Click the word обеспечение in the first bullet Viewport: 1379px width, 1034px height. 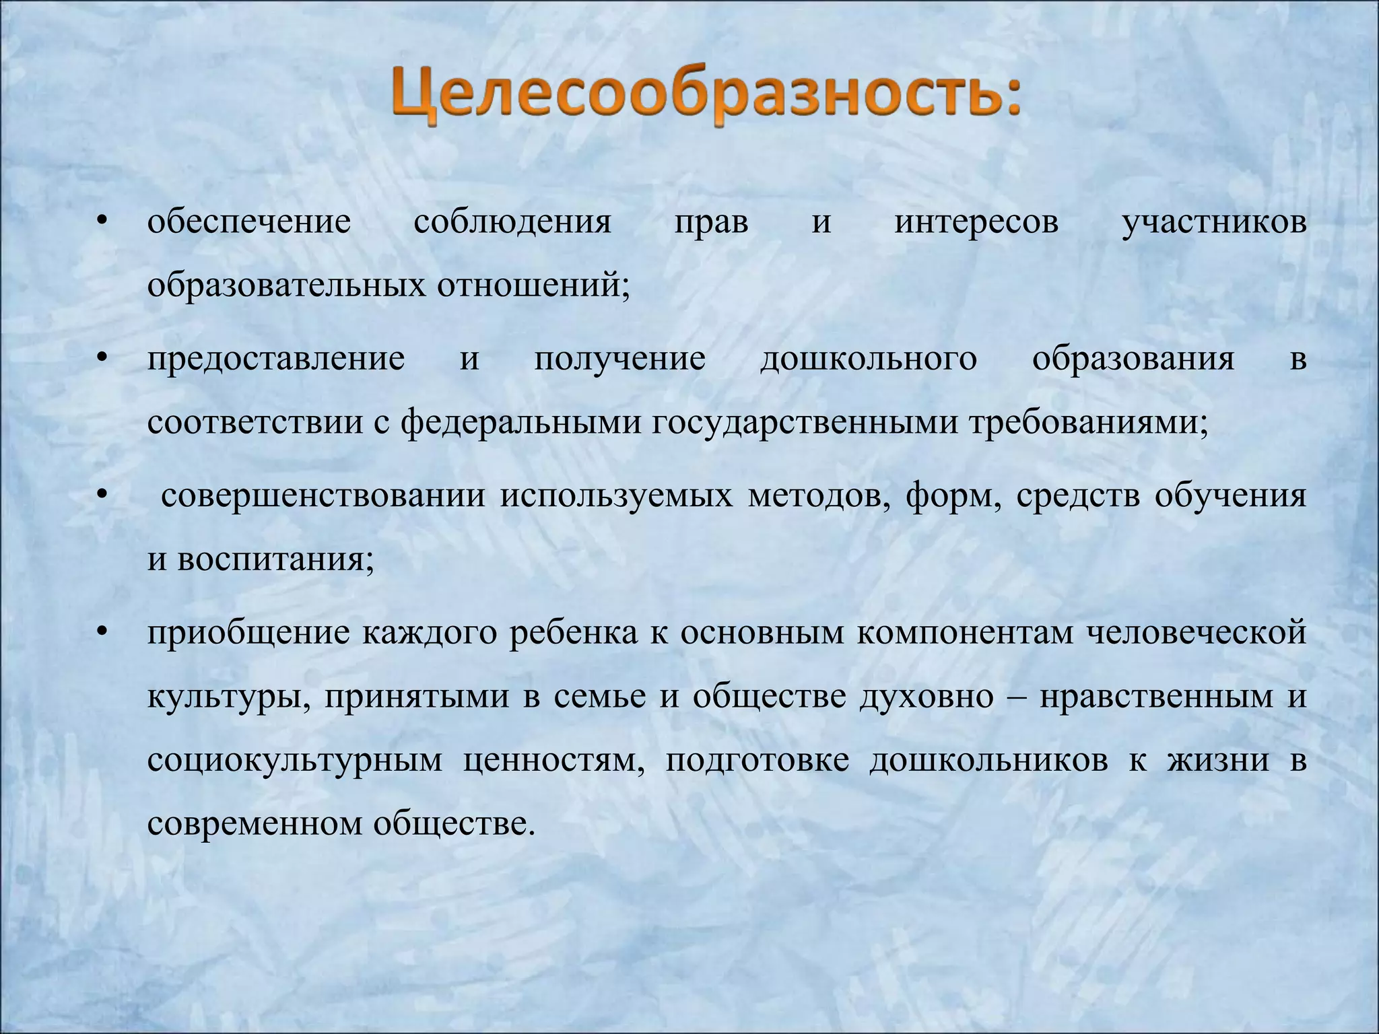[249, 222]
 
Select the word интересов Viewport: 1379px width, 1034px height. [976, 222]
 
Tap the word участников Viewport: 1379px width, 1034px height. [1213, 222]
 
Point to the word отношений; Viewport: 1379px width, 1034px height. [534, 285]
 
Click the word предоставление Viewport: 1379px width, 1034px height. [276, 359]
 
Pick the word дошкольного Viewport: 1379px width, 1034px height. [868, 359]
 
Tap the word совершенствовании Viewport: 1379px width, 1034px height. [323, 497]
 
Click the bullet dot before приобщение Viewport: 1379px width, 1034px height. [102, 633]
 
